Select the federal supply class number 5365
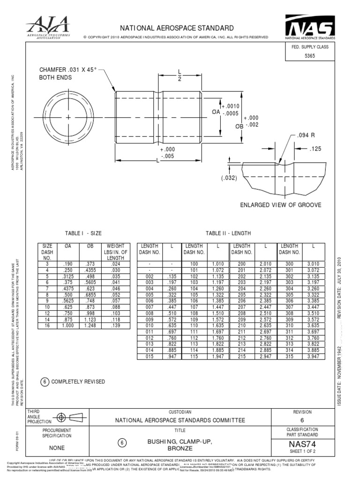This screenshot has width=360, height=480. click(310, 55)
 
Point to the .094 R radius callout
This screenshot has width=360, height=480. click(305, 135)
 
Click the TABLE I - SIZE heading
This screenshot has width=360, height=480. click(83, 233)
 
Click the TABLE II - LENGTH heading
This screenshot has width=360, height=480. click(228, 233)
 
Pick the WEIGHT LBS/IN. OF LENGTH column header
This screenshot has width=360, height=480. click(115, 252)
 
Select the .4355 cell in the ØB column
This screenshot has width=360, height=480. click(91, 270)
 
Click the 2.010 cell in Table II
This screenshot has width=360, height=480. click(265, 264)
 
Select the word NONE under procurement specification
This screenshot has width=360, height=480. click(57, 447)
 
